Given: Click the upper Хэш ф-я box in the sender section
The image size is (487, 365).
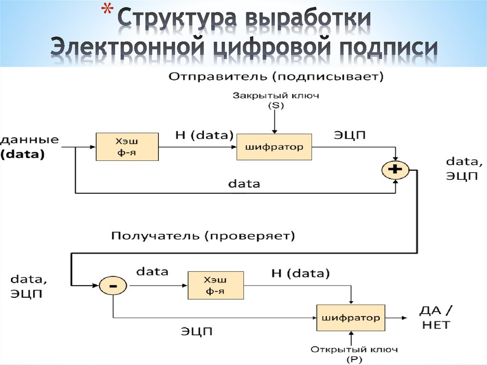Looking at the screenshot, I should click(127, 147).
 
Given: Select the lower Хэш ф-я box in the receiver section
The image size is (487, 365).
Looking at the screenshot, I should click(215, 285).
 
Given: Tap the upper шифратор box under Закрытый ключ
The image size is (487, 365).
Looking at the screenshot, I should click(274, 147).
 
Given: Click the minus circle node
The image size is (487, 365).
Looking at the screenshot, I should click(113, 286).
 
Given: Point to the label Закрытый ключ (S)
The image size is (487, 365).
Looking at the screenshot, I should click(276, 100).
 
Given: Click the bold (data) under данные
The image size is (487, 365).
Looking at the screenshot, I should click(22, 154).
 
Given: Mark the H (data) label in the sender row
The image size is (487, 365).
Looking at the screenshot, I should click(205, 135).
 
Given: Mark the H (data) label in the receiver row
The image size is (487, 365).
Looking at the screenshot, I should click(300, 273).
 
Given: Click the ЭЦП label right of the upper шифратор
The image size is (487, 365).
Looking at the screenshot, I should click(349, 135).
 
